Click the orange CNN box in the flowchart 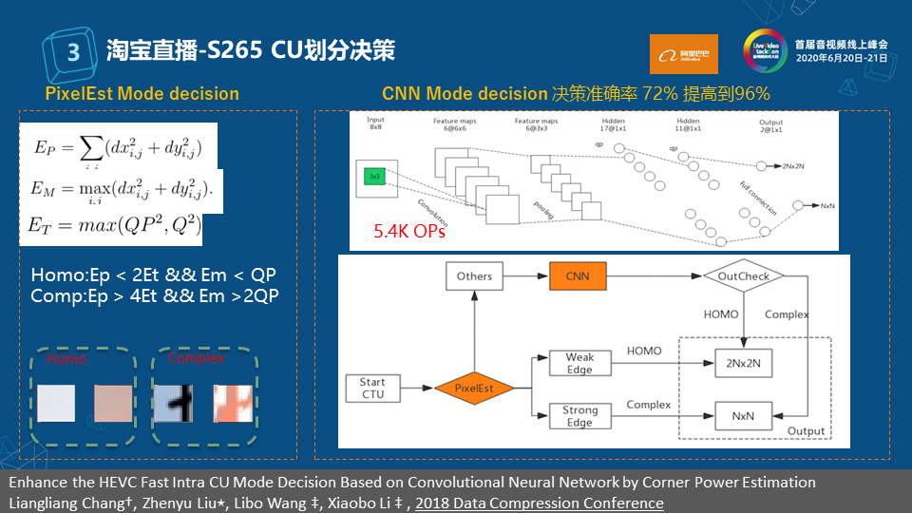[579, 276]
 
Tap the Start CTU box [372, 388]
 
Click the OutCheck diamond [743, 276]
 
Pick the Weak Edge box [579, 362]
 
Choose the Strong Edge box [579, 415]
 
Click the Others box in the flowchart [474, 276]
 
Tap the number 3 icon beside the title [73, 49]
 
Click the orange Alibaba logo [684, 54]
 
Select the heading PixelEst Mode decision [142, 94]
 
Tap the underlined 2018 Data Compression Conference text [540, 503]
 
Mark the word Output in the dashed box [807, 430]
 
